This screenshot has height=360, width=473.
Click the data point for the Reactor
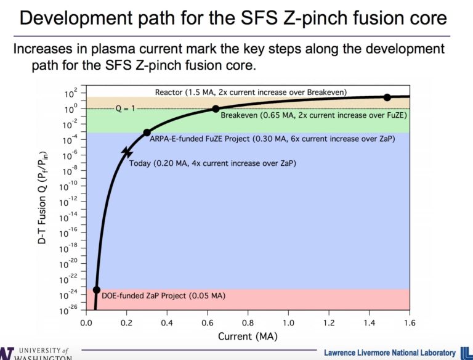point(387,97)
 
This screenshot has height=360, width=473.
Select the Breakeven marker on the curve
point(216,108)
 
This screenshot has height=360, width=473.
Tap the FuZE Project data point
point(147,133)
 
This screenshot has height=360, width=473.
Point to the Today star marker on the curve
point(127,151)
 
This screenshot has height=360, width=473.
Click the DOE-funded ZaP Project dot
point(96,290)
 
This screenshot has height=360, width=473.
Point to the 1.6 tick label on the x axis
point(409,322)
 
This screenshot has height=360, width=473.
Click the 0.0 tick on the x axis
point(86,322)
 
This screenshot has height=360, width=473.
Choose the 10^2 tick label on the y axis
point(71,94)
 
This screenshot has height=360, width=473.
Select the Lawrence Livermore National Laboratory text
point(390,352)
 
